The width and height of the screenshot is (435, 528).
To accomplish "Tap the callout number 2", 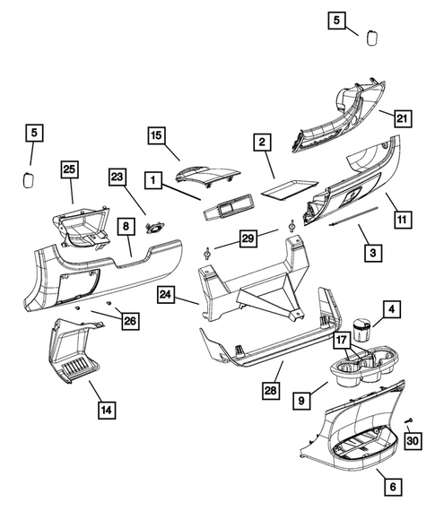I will click(x=261, y=143).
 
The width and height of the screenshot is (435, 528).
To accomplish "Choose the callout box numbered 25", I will click(x=70, y=169).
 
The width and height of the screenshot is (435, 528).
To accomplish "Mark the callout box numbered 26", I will click(x=132, y=320).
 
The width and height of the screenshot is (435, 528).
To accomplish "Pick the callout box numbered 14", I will click(x=106, y=411).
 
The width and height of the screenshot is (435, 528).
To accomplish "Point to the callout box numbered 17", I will click(x=343, y=341).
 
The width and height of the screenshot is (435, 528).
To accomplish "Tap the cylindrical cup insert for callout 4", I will click(x=363, y=326).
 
